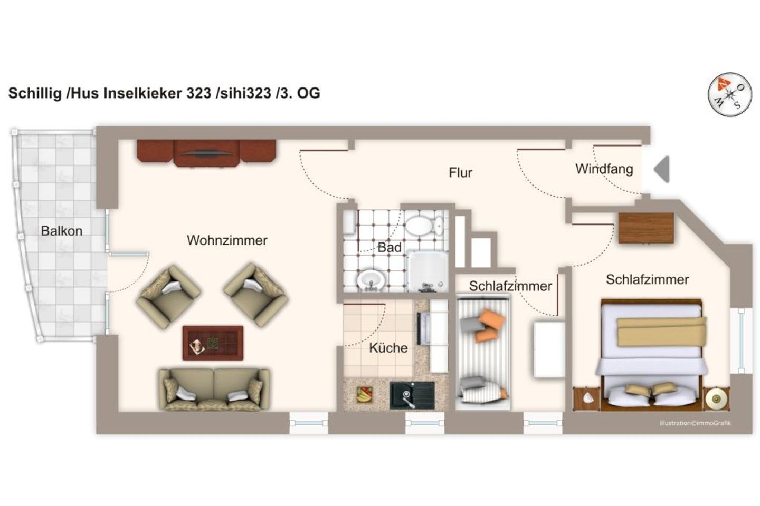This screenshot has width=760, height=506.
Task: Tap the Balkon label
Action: click(62, 231)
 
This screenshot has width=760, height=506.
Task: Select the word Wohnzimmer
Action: click(227, 240)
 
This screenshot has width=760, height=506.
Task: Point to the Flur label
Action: click(460, 173)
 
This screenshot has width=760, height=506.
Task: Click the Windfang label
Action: click(604, 169)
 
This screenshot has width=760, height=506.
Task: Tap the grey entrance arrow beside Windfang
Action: click(662, 169)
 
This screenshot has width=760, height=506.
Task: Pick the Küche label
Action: click(388, 348)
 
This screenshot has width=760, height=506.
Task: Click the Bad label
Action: click(389, 247)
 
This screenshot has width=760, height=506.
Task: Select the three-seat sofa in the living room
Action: click(214, 389)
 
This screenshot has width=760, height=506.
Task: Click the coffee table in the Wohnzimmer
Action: click(213, 343)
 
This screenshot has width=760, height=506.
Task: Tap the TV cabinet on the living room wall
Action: click(206, 152)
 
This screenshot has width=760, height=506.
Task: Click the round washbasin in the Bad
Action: click(373, 278)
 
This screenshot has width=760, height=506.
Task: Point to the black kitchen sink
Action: click(412, 395)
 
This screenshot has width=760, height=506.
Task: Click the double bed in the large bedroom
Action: click(652, 353)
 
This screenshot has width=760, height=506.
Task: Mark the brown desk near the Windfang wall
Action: click(646, 228)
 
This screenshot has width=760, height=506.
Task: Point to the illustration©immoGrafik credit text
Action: click(695, 423)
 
